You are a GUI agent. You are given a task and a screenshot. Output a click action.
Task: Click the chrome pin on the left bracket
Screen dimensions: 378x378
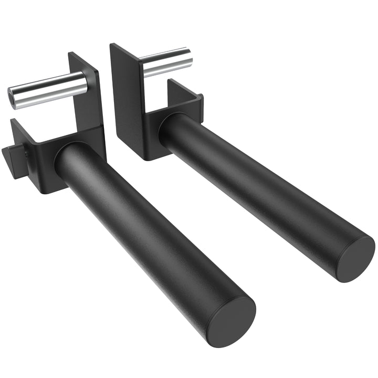coord(50,90)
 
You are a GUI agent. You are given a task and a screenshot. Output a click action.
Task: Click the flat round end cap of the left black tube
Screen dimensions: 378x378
coord(230,320)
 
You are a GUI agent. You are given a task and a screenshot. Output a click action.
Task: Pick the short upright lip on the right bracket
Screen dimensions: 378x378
coord(184,97)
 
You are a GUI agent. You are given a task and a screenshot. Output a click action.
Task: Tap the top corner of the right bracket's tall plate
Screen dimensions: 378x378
coord(111,44)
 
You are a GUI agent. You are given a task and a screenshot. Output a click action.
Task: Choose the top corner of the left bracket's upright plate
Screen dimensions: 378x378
coord(70,53)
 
